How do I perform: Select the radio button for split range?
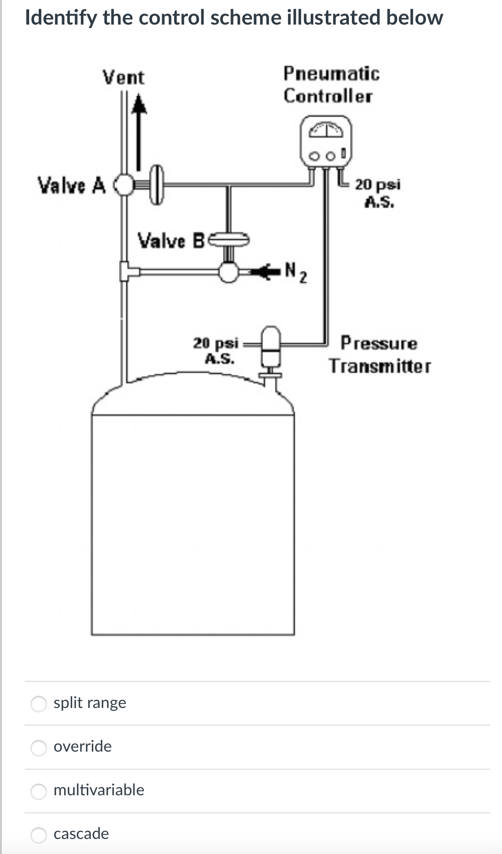point(39,703)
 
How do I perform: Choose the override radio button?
point(39,747)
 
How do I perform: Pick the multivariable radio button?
point(39,791)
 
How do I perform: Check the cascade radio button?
point(39,834)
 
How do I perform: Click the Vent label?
point(123,78)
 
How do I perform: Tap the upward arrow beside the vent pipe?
point(139,130)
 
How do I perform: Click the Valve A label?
point(71,185)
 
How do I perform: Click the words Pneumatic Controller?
point(331,84)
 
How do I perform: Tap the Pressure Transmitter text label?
point(380,355)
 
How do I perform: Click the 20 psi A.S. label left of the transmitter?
point(216,350)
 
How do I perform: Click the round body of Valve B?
point(229,272)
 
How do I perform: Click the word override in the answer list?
point(83,746)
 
